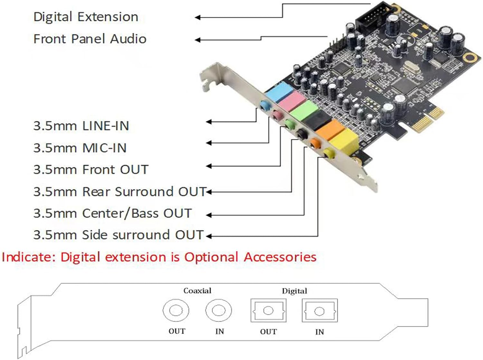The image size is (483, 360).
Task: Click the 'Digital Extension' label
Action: point(86,17)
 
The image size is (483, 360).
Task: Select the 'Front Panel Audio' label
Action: point(90,39)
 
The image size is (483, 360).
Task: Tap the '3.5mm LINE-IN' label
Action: point(81,126)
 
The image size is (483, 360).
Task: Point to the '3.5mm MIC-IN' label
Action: point(80,148)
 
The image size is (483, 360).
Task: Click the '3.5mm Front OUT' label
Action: point(91,170)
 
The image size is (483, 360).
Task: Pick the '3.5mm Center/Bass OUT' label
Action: point(112,213)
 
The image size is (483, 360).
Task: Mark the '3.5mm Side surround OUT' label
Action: point(118,235)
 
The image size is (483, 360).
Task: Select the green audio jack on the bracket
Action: point(289,124)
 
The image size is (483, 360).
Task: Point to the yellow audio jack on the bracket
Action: point(328,153)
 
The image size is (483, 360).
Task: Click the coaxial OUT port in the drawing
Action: point(176,311)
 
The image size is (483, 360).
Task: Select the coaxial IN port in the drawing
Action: point(218,311)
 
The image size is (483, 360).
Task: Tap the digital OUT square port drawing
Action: point(268,311)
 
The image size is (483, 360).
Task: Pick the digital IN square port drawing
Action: point(319,311)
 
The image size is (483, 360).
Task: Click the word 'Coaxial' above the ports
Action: point(197,291)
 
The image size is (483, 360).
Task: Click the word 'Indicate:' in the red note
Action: point(29,257)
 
